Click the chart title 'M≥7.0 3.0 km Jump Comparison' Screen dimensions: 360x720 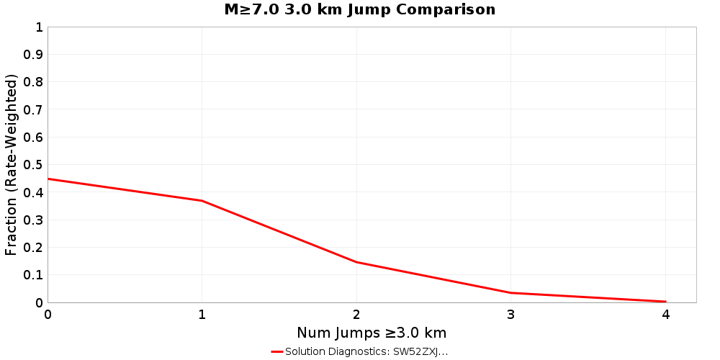tap(360, 10)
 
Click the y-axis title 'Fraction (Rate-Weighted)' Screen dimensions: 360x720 tap(12, 165)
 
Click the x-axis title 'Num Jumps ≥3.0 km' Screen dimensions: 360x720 tap(372, 333)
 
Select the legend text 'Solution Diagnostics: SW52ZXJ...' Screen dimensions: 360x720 tap(366, 351)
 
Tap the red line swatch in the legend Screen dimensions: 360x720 tap(277, 351)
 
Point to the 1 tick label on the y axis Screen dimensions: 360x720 tap(39, 27)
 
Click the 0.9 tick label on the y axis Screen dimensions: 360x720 tap(34, 55)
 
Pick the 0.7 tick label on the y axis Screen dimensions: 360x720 tap(34, 109)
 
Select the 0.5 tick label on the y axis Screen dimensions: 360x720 tap(34, 165)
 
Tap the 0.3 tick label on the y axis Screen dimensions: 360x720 tap(34, 220)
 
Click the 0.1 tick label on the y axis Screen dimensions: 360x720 tap(34, 275)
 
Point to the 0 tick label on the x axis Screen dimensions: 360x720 tap(48, 314)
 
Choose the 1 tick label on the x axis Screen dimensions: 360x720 tap(202, 314)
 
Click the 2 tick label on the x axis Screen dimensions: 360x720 tap(356, 314)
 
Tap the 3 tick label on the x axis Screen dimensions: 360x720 tap(511, 314)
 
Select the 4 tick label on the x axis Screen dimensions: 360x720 tap(665, 314)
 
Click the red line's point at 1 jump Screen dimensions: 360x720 tap(202, 201)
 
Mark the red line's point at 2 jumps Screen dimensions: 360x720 tap(356, 262)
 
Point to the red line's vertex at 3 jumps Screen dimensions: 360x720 tap(511, 292)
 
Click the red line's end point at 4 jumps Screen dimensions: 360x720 tap(665, 302)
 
